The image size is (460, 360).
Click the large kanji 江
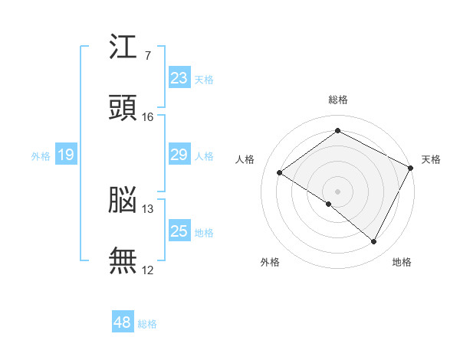123,46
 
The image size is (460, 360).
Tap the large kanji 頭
123,107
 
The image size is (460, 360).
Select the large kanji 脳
123,200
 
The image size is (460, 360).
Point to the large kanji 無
123,260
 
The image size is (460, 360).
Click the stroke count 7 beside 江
147,55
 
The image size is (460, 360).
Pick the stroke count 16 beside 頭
147,117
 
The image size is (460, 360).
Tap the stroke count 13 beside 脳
147,209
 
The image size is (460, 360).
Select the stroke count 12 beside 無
147,270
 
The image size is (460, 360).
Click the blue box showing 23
179,77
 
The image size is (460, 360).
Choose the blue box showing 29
179,154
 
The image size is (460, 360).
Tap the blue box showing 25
179,230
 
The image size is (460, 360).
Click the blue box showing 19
66,154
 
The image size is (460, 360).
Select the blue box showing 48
123,321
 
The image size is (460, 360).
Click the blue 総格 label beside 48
147,324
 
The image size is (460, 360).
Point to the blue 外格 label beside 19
41,156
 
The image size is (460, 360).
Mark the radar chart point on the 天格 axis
410,168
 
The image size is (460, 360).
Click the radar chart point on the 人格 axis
280,172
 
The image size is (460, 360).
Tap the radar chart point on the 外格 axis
329,204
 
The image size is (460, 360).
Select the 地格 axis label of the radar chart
402,262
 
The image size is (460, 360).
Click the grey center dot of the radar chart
337,191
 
